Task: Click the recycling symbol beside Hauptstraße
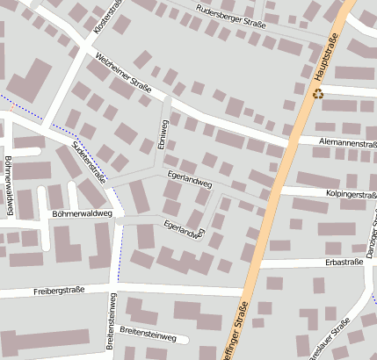point(318,91)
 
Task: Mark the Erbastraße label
point(344,262)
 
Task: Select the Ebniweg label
point(162,136)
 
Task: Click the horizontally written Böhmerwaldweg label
point(83,213)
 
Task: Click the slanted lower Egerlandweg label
point(184,229)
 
